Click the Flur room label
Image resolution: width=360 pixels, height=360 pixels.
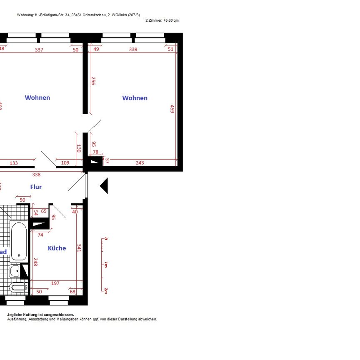click(36, 187)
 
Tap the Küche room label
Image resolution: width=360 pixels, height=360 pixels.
click(57, 248)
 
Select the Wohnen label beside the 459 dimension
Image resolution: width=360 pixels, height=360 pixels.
click(135, 98)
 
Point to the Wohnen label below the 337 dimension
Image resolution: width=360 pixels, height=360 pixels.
click(37, 97)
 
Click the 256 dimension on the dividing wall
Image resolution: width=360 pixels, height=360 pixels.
click(93, 81)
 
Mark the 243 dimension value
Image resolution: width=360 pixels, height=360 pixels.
click(140, 162)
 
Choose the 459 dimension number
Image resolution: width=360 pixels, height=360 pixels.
click(172, 109)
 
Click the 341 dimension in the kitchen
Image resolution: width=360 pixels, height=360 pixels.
click(79, 248)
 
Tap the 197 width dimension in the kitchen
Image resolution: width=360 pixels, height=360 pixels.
click(55, 283)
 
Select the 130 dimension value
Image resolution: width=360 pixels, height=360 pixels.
click(79, 148)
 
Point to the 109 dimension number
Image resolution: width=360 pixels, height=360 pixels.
click(65, 162)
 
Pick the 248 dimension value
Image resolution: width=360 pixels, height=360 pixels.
click(35, 262)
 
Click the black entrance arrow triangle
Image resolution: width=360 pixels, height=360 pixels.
click(104, 186)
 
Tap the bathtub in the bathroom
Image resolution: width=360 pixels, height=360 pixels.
click(19, 241)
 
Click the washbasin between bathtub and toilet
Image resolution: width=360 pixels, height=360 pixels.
click(15, 272)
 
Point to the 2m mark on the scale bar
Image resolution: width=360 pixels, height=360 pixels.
click(105, 291)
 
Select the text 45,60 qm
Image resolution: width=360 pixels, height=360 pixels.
click(171, 20)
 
